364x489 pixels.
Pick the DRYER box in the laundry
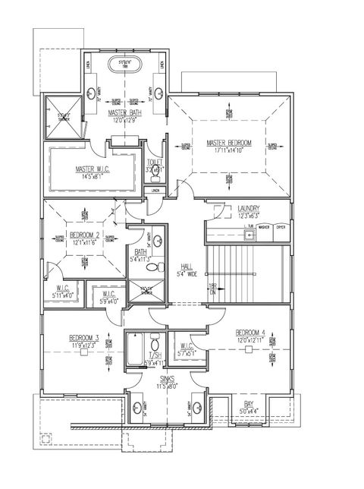(x=281, y=226)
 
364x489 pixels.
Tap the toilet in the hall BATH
(x=152, y=268)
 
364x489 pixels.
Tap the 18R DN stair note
(x=213, y=289)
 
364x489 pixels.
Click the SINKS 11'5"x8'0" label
(x=168, y=381)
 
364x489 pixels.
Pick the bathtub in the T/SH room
(x=134, y=350)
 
